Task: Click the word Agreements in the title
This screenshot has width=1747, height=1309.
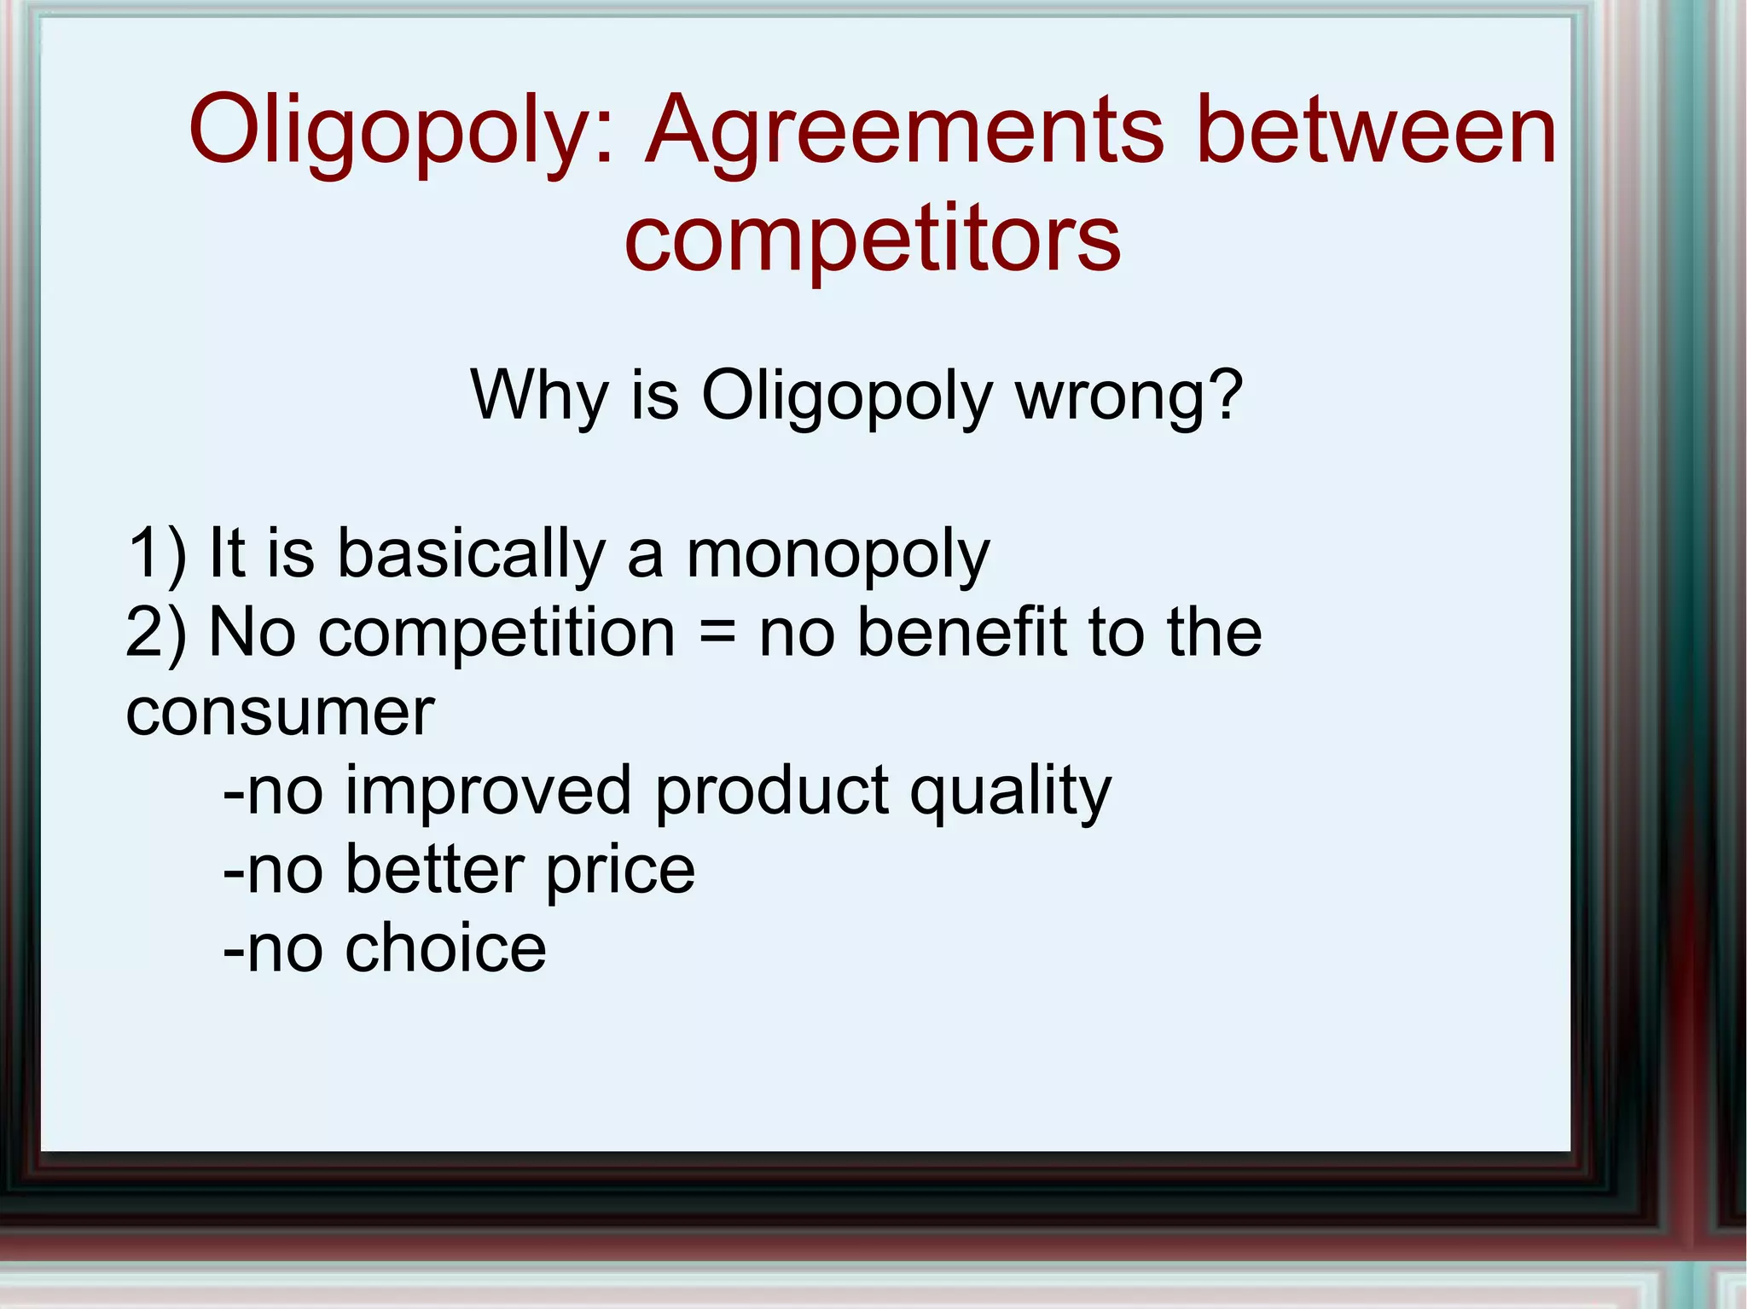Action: pyautogui.click(x=903, y=132)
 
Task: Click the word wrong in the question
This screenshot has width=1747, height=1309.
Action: pyautogui.click(x=1129, y=397)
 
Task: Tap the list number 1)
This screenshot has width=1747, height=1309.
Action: pyautogui.click(x=156, y=554)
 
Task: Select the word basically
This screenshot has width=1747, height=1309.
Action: pyautogui.click(x=471, y=554)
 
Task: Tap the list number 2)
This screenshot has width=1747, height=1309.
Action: pyautogui.click(x=156, y=634)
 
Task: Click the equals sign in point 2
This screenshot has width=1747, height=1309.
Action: pyautogui.click(x=717, y=634)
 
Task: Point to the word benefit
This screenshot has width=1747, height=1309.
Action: pyautogui.click(x=961, y=632)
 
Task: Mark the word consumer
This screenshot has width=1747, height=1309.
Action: pyautogui.click(x=280, y=712)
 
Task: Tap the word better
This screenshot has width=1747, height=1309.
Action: pyautogui.click(x=434, y=870)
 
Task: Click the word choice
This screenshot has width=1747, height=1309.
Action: pyautogui.click(x=445, y=948)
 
